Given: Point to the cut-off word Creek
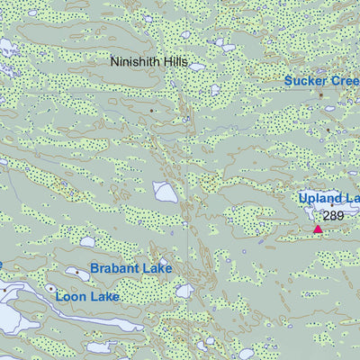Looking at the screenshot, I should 346,81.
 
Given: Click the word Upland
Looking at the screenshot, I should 320,198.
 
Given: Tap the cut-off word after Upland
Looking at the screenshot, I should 352,198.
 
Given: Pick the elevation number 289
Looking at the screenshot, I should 334,216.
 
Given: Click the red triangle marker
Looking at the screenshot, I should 318,229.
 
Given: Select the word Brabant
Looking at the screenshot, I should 117,268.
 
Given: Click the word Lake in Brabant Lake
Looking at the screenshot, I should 158,268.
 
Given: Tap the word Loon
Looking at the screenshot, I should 72,295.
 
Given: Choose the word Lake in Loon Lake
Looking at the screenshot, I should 104,295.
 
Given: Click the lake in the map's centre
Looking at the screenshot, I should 165,191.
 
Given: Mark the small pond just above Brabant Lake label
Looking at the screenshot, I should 87,241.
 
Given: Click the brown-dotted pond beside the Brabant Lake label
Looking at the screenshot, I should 74,271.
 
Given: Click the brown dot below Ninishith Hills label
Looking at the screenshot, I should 152,111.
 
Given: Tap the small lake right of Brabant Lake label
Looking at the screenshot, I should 184,291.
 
